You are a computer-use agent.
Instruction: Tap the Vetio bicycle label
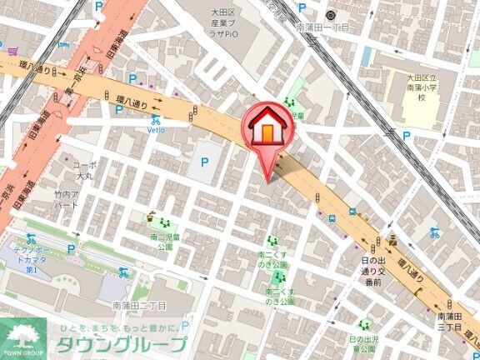[x=156, y=131]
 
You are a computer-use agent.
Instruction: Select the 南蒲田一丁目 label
[x=322, y=27]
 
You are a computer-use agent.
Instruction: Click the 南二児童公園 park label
[x=162, y=242]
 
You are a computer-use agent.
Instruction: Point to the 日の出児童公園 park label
[x=364, y=343]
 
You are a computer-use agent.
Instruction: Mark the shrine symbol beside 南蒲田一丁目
[x=332, y=14]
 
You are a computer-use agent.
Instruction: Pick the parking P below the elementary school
[x=406, y=134]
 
